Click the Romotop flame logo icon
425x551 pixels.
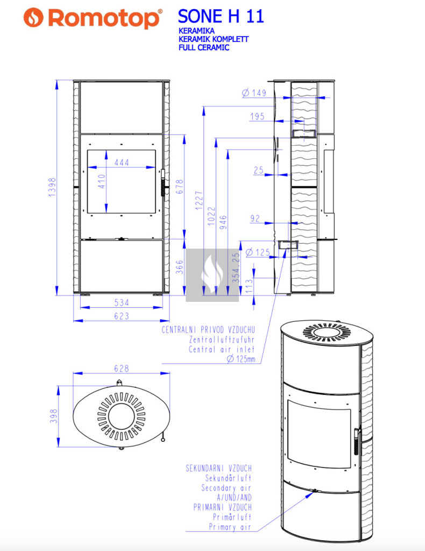pyautogui.click(x=33, y=17)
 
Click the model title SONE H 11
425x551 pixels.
pyautogui.click(x=221, y=16)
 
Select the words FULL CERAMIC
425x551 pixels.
pyautogui.click(x=204, y=47)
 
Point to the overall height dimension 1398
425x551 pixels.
pyautogui.click(x=52, y=187)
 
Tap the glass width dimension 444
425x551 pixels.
pyautogui.click(x=122, y=163)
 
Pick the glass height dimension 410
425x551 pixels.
pyautogui.click(x=102, y=181)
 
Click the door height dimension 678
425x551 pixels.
pyautogui.click(x=180, y=187)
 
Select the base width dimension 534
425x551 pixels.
pyautogui.click(x=122, y=302)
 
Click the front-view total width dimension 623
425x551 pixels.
pyautogui.click(x=122, y=316)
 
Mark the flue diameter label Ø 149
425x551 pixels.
pyautogui.click(x=254, y=93)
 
